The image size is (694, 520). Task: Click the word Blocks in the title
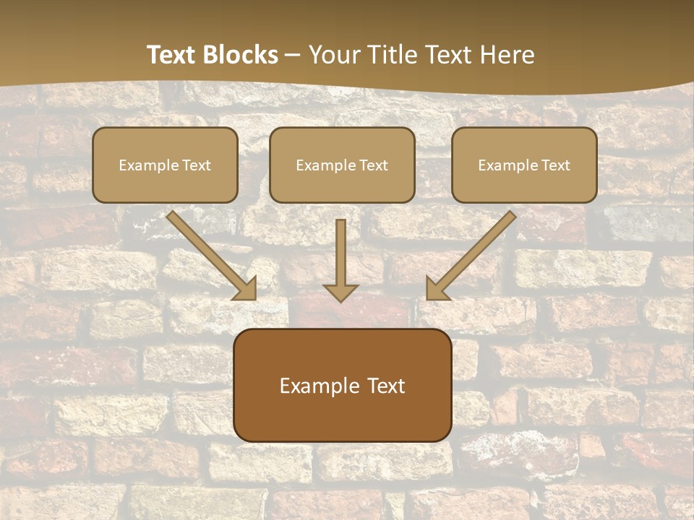coord(242,55)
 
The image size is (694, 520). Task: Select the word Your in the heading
coord(333,55)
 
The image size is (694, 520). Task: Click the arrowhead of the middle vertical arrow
coord(340,292)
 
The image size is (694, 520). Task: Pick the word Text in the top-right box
coord(555,165)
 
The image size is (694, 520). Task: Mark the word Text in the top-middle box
coord(373,165)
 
